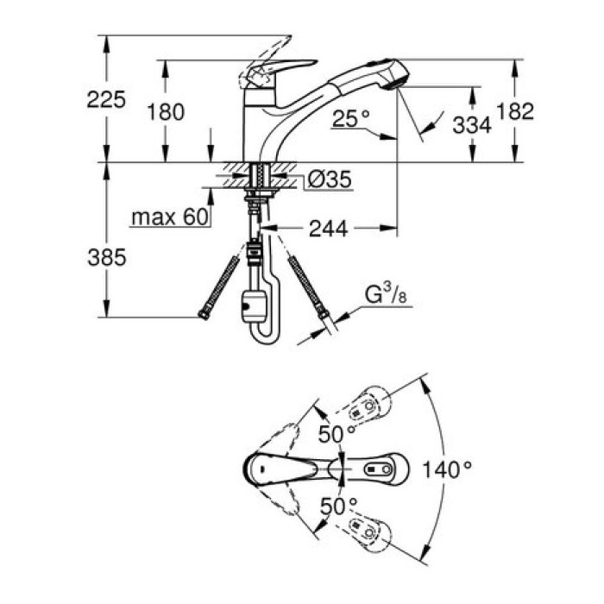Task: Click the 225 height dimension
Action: pos(106,99)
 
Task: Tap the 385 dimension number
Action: pos(106,256)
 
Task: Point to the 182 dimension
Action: pos(516,110)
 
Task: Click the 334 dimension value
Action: pos(472,125)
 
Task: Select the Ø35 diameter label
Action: pos(329,180)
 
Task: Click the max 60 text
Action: pos(171,217)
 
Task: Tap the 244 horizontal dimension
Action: pos(328,229)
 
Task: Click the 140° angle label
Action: pos(448,470)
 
